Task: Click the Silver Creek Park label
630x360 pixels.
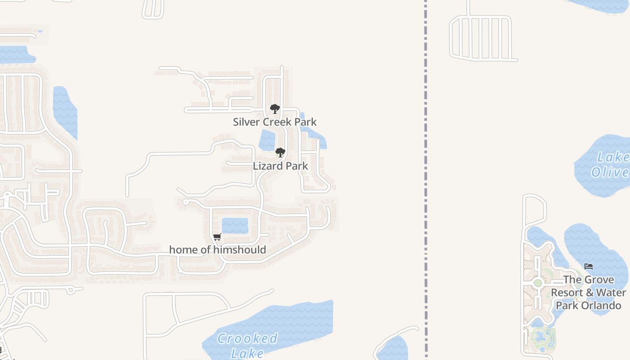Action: pyautogui.click(x=274, y=122)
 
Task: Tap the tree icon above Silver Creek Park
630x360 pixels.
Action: pyautogui.click(x=274, y=109)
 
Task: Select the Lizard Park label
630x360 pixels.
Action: pyautogui.click(x=280, y=166)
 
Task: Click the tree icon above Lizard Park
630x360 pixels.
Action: pyautogui.click(x=280, y=153)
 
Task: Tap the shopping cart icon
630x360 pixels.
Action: pyautogui.click(x=217, y=237)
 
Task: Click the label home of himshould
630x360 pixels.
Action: pyautogui.click(x=217, y=250)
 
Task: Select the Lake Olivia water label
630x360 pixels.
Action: pyautogui.click(x=610, y=165)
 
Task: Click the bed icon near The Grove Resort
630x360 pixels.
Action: pyautogui.click(x=588, y=266)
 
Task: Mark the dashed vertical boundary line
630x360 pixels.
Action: pyautogui.click(x=426, y=180)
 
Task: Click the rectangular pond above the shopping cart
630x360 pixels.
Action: pyautogui.click(x=235, y=225)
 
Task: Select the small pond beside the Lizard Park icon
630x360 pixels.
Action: pyautogui.click(x=267, y=139)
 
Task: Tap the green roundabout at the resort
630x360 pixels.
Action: pyautogui.click(x=537, y=283)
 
